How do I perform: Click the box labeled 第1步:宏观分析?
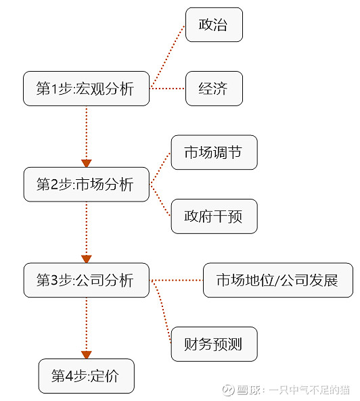pyautogui.click(x=86, y=89)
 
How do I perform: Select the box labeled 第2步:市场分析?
pyautogui.click(x=86, y=185)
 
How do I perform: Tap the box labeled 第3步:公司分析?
pyautogui.click(x=86, y=280)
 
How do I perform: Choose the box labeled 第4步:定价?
pyautogui.click(x=86, y=376)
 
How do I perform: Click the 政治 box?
pyautogui.click(x=214, y=25)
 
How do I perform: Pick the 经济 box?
pyautogui.click(x=214, y=89)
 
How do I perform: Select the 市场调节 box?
pyautogui.click(x=214, y=153)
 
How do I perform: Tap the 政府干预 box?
pyautogui.click(x=214, y=216)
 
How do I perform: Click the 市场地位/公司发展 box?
pyautogui.click(x=277, y=280)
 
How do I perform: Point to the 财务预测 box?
pyautogui.click(x=214, y=344)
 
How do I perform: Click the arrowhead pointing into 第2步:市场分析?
pyautogui.click(x=86, y=163)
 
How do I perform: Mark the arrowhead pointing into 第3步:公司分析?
pyautogui.click(x=86, y=259)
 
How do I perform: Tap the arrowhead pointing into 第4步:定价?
pyautogui.click(x=86, y=354)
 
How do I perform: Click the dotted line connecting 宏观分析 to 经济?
pyautogui.click(x=168, y=89)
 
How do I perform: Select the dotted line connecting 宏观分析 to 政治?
pyautogui.click(x=168, y=57)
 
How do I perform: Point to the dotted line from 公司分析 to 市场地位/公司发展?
pyautogui.click(x=176, y=280)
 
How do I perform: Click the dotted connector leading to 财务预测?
pyautogui.click(x=162, y=311)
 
